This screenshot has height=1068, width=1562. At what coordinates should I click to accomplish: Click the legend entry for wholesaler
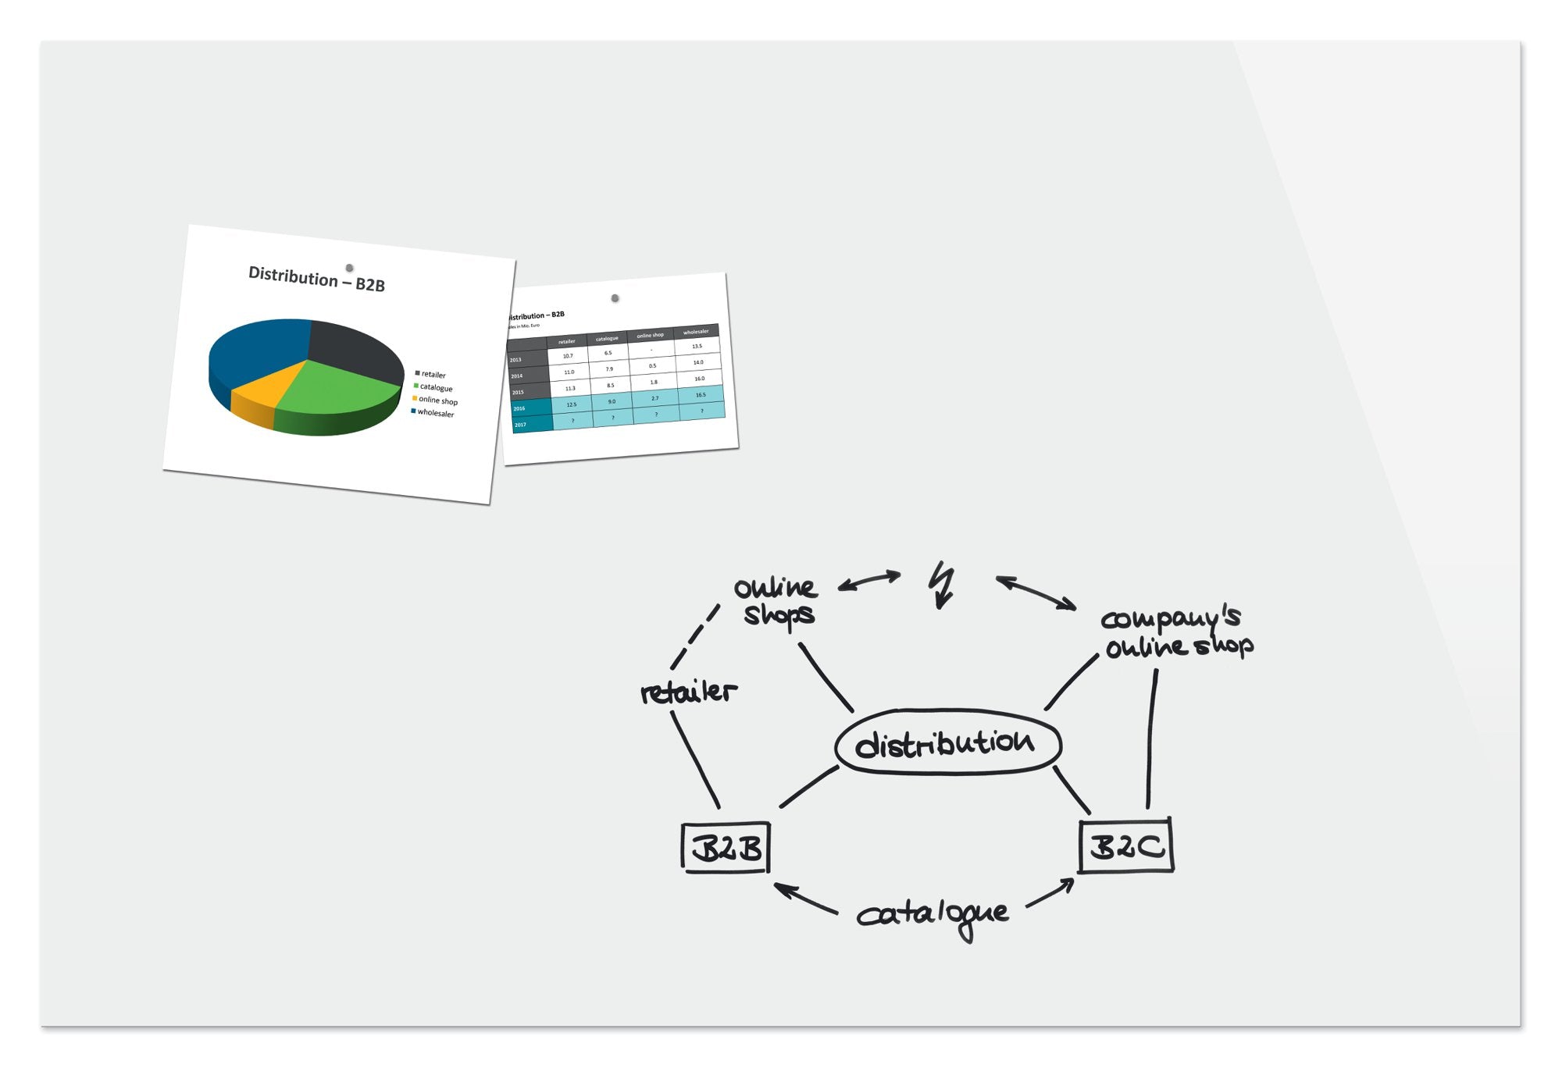[435, 413]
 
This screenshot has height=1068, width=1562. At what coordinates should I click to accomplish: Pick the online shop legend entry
[437, 400]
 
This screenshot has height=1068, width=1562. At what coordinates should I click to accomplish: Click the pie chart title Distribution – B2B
[316, 279]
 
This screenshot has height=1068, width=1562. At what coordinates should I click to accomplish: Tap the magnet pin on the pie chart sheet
[349, 268]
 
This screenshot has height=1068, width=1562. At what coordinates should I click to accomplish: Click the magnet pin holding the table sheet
[615, 298]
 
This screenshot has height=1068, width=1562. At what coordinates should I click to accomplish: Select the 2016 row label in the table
[520, 408]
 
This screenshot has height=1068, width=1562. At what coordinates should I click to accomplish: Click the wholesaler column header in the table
[696, 332]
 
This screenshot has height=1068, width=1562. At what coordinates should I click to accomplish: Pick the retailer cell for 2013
[568, 356]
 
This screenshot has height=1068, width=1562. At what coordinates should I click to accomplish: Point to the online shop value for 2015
[654, 382]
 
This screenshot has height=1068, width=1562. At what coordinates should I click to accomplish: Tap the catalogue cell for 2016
[612, 401]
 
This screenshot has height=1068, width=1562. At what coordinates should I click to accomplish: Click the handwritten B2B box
[726, 848]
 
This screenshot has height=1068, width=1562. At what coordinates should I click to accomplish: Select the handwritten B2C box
[1126, 845]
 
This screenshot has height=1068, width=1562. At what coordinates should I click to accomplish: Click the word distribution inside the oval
[946, 742]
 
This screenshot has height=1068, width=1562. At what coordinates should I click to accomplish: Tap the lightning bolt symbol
[943, 584]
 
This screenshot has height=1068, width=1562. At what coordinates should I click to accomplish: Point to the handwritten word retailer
[687, 692]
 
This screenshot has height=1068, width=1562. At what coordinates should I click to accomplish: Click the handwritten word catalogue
[933, 915]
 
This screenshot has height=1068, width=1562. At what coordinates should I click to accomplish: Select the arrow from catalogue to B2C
[1050, 893]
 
